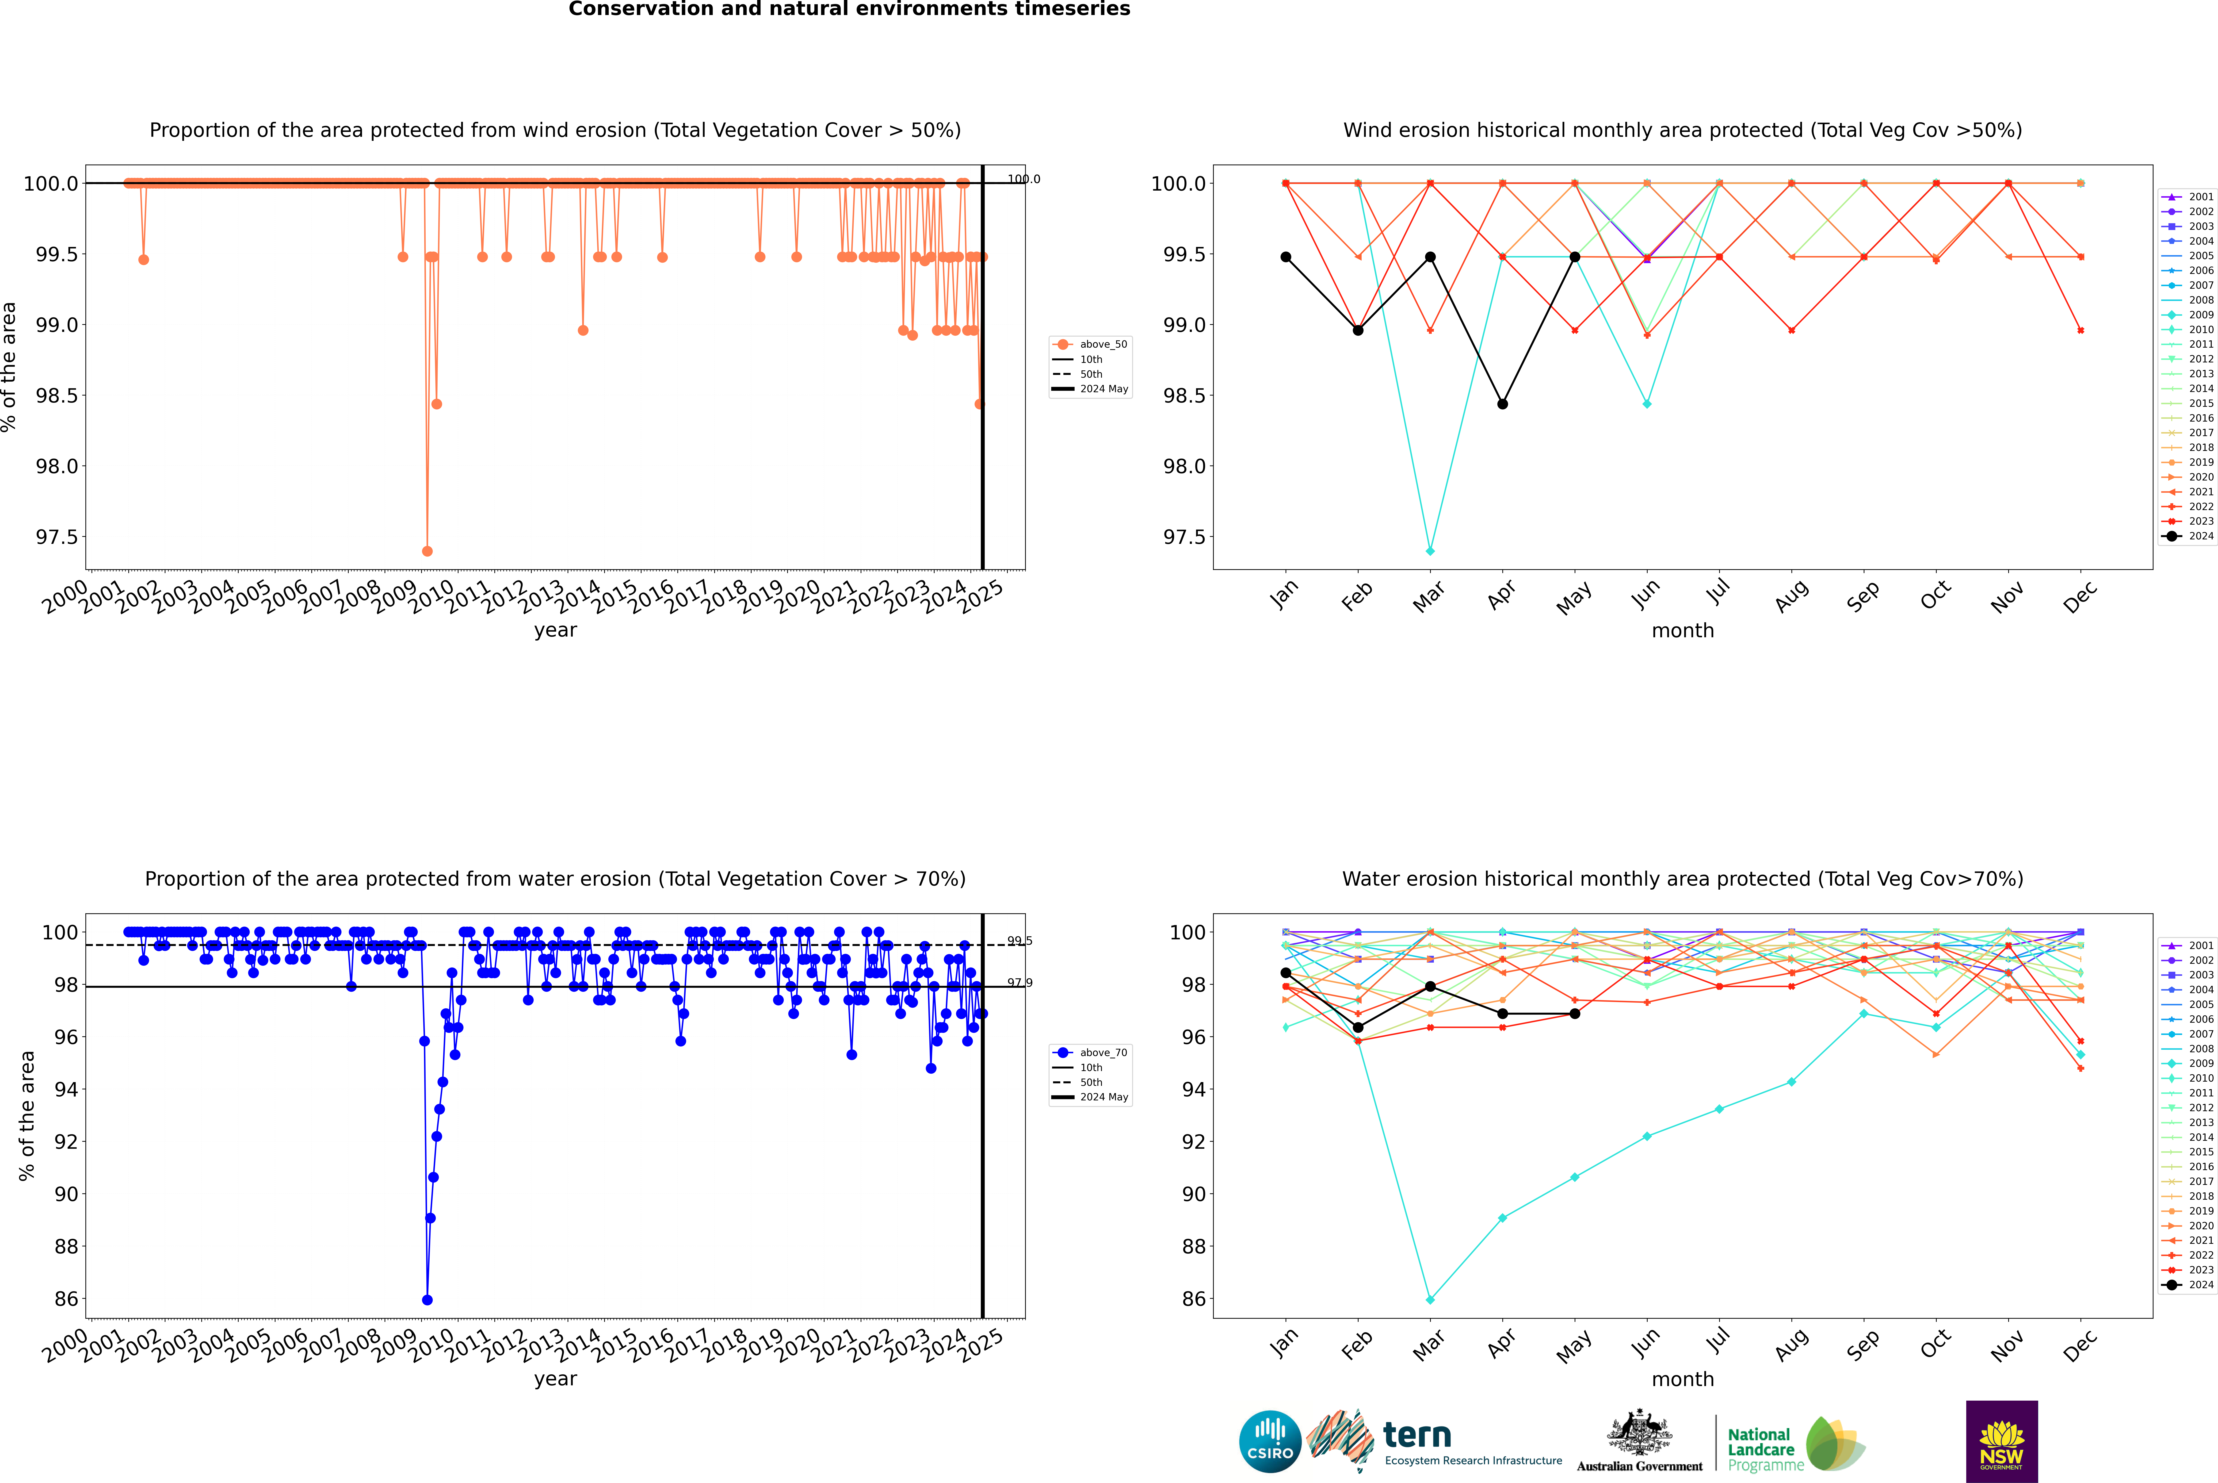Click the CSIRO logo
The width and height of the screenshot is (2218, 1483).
[1270, 1441]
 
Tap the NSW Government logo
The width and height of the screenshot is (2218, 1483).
[2001, 1441]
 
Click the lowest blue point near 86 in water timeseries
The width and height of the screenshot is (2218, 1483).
[427, 1299]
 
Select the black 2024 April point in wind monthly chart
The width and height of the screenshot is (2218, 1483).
[1502, 404]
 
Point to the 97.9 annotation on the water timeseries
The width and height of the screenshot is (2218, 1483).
[1019, 983]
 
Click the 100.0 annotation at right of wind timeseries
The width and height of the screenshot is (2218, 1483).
[1023, 179]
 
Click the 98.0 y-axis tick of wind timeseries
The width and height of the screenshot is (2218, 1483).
[57, 466]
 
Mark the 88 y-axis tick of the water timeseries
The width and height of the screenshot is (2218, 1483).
[66, 1247]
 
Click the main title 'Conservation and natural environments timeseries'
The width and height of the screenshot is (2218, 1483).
[849, 9]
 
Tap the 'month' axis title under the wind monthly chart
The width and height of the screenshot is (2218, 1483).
[1682, 631]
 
